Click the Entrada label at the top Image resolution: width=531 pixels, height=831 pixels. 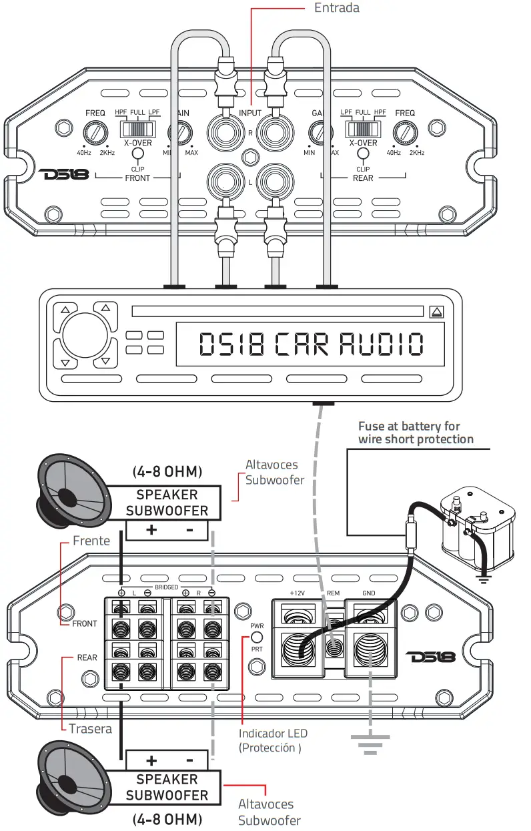(336, 8)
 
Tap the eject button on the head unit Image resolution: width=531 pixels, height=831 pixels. (436, 311)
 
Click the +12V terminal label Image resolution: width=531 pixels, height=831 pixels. (297, 593)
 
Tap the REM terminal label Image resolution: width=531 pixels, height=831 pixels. (334, 593)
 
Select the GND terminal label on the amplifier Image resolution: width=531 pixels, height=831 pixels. (368, 593)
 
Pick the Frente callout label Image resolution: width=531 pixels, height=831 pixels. (91, 541)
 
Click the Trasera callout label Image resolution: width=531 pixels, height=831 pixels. (91, 728)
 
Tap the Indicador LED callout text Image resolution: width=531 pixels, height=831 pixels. (273, 734)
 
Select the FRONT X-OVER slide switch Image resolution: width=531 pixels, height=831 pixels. (137, 128)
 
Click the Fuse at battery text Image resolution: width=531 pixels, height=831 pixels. (415, 433)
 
